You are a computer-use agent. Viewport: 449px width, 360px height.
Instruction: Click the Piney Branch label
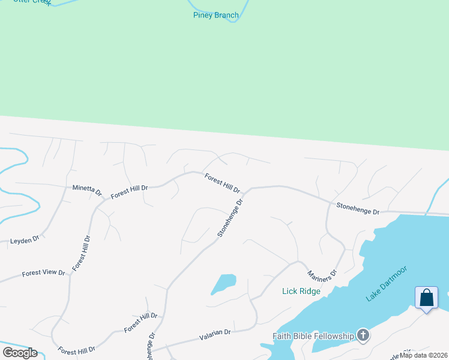(215, 15)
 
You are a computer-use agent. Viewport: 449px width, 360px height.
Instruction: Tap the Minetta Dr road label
(87, 190)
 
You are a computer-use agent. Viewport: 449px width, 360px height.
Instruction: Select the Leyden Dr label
(25, 240)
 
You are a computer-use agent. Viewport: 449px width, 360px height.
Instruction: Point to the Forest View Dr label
(43, 273)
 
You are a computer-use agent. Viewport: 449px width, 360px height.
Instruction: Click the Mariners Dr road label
(322, 275)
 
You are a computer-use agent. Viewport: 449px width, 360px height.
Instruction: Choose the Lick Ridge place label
(301, 292)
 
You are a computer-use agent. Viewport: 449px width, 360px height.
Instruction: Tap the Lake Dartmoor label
(386, 283)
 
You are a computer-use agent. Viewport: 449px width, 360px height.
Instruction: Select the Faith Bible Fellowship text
(313, 336)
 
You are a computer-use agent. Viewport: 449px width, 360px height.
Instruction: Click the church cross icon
(363, 335)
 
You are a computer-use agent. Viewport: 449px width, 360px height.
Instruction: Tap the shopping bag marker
(426, 298)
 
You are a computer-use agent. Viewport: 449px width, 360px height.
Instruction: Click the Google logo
(20, 353)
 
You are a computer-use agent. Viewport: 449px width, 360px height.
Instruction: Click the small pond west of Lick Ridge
(224, 283)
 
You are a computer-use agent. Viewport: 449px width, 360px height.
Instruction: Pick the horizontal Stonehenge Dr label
(358, 208)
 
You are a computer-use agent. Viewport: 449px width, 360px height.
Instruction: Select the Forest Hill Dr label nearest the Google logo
(76, 350)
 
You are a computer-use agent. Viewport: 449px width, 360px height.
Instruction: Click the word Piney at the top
(203, 15)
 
